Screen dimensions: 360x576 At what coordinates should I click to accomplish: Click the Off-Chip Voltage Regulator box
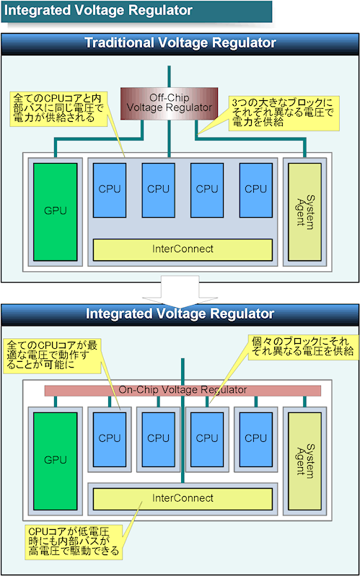[x=169, y=104]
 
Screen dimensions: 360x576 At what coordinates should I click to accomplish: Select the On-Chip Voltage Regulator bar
[x=183, y=391]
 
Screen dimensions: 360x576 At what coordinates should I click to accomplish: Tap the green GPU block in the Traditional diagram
[x=55, y=212]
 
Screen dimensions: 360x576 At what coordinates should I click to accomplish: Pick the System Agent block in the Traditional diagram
[x=304, y=212]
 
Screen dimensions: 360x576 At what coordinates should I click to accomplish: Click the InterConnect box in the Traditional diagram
[x=183, y=249]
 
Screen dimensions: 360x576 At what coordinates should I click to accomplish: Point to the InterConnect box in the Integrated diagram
[x=183, y=499]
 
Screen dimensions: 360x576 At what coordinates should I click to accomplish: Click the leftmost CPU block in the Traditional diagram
[x=110, y=190]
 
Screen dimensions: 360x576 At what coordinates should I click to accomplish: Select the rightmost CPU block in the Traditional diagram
[x=256, y=190]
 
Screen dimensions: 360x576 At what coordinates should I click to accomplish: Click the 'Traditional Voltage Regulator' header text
[x=180, y=43]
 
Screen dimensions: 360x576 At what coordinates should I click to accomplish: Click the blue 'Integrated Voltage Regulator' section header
[x=180, y=314]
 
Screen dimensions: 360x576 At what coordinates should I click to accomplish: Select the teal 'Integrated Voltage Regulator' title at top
[x=137, y=11]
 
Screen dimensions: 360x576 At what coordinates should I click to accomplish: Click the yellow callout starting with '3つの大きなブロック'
[x=284, y=114]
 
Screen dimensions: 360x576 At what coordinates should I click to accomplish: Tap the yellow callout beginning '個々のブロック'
[x=303, y=347]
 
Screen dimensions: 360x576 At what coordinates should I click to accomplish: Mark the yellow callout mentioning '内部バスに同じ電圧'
[x=59, y=108]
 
